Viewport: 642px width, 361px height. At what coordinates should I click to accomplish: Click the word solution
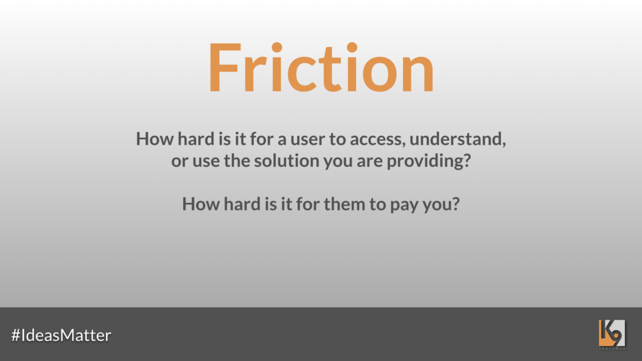(x=286, y=160)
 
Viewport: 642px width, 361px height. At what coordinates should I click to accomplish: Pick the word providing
(x=424, y=161)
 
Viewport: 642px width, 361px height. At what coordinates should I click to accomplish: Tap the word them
(x=344, y=204)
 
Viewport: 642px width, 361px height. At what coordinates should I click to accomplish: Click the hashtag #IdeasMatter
(x=61, y=335)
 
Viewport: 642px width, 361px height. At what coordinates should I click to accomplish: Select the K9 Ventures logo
(x=612, y=334)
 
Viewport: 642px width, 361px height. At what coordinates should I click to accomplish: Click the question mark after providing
(x=467, y=160)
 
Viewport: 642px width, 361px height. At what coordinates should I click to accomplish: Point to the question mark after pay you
(x=456, y=204)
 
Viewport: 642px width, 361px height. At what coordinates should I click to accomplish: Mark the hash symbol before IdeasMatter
(x=16, y=335)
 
